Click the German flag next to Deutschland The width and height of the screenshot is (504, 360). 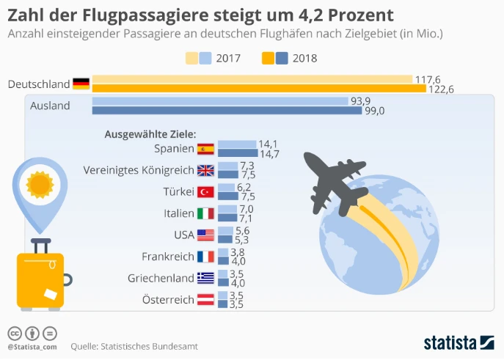tap(81, 84)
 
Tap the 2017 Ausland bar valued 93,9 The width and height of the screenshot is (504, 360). tap(219, 101)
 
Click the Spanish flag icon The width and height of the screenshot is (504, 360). tap(205, 149)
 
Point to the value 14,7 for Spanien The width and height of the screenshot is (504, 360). tap(269, 154)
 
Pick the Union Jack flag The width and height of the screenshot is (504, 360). tap(205, 170)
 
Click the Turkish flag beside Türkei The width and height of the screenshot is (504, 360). tap(205, 192)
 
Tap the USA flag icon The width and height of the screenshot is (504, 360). tap(205, 235)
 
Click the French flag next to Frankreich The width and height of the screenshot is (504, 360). tap(205, 257)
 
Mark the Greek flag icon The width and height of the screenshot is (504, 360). tap(205, 278)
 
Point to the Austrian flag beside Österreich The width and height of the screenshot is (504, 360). tap(205, 299)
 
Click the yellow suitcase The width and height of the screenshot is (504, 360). tap(40, 279)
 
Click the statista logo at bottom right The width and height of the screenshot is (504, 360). tap(459, 342)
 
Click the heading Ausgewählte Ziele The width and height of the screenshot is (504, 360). tap(150, 134)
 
